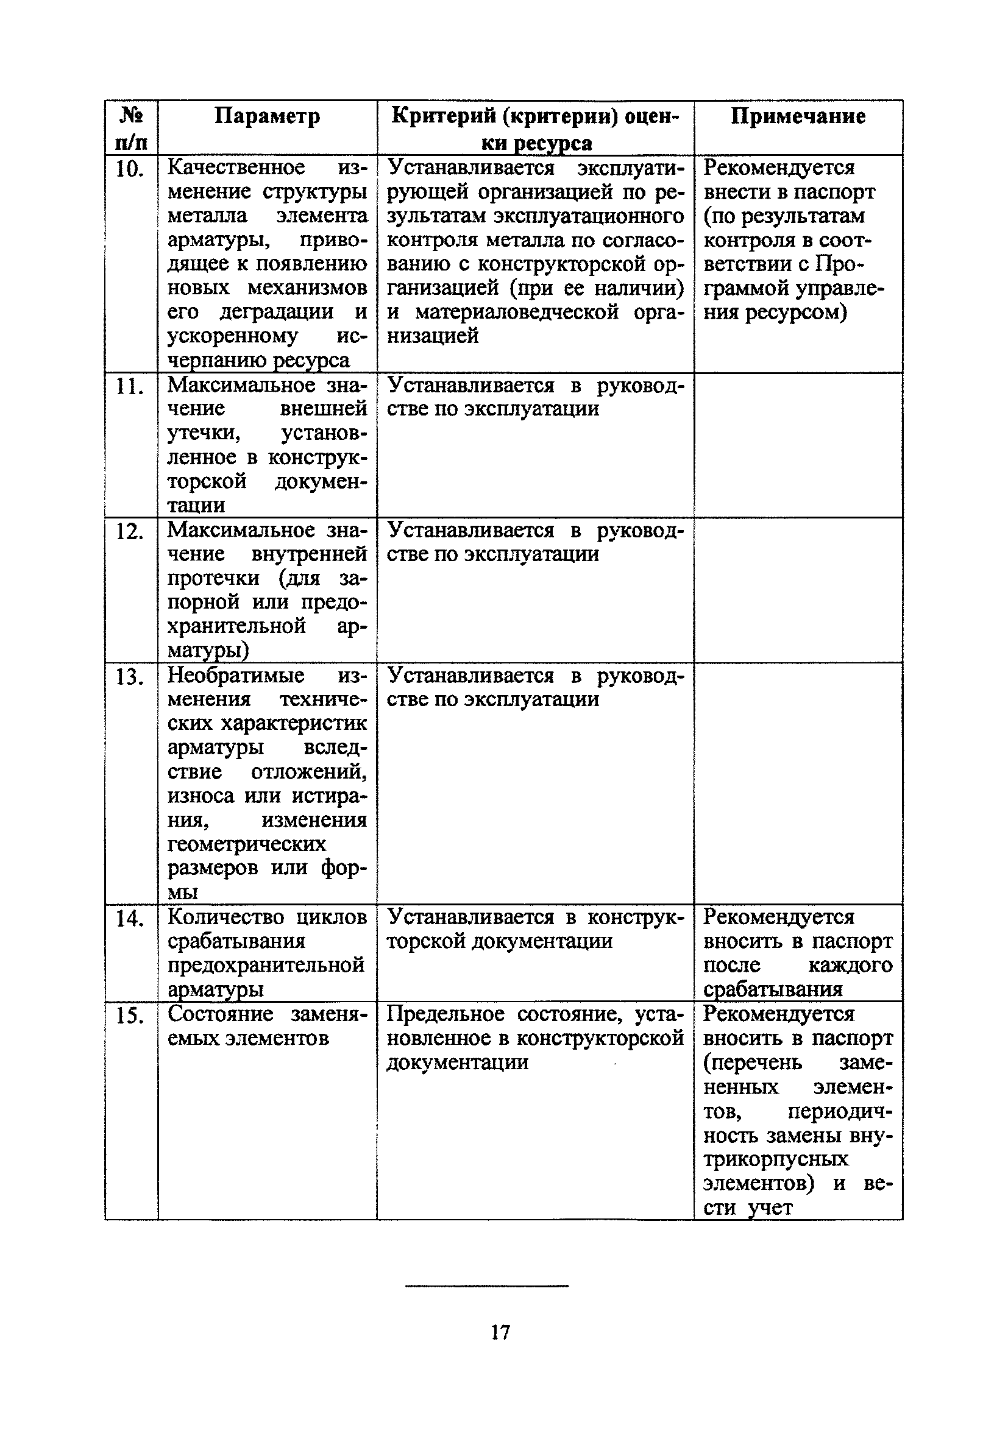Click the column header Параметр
[267, 116]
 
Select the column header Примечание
[798, 116]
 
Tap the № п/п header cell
[131, 129]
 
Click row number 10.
[130, 169]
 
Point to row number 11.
[130, 386]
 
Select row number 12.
[130, 531]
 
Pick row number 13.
[130, 677]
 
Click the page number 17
[500, 1332]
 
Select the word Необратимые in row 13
[236, 676]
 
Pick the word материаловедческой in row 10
[517, 312]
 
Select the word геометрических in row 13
[246, 844]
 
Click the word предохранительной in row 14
[266, 965]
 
